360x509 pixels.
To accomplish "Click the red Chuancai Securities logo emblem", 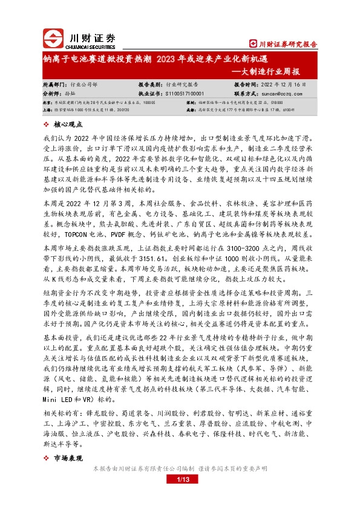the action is [50, 39].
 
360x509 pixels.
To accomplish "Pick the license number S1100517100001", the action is [186, 94].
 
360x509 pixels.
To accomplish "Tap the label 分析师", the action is [53, 94].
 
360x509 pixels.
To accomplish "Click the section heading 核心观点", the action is [68, 123].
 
